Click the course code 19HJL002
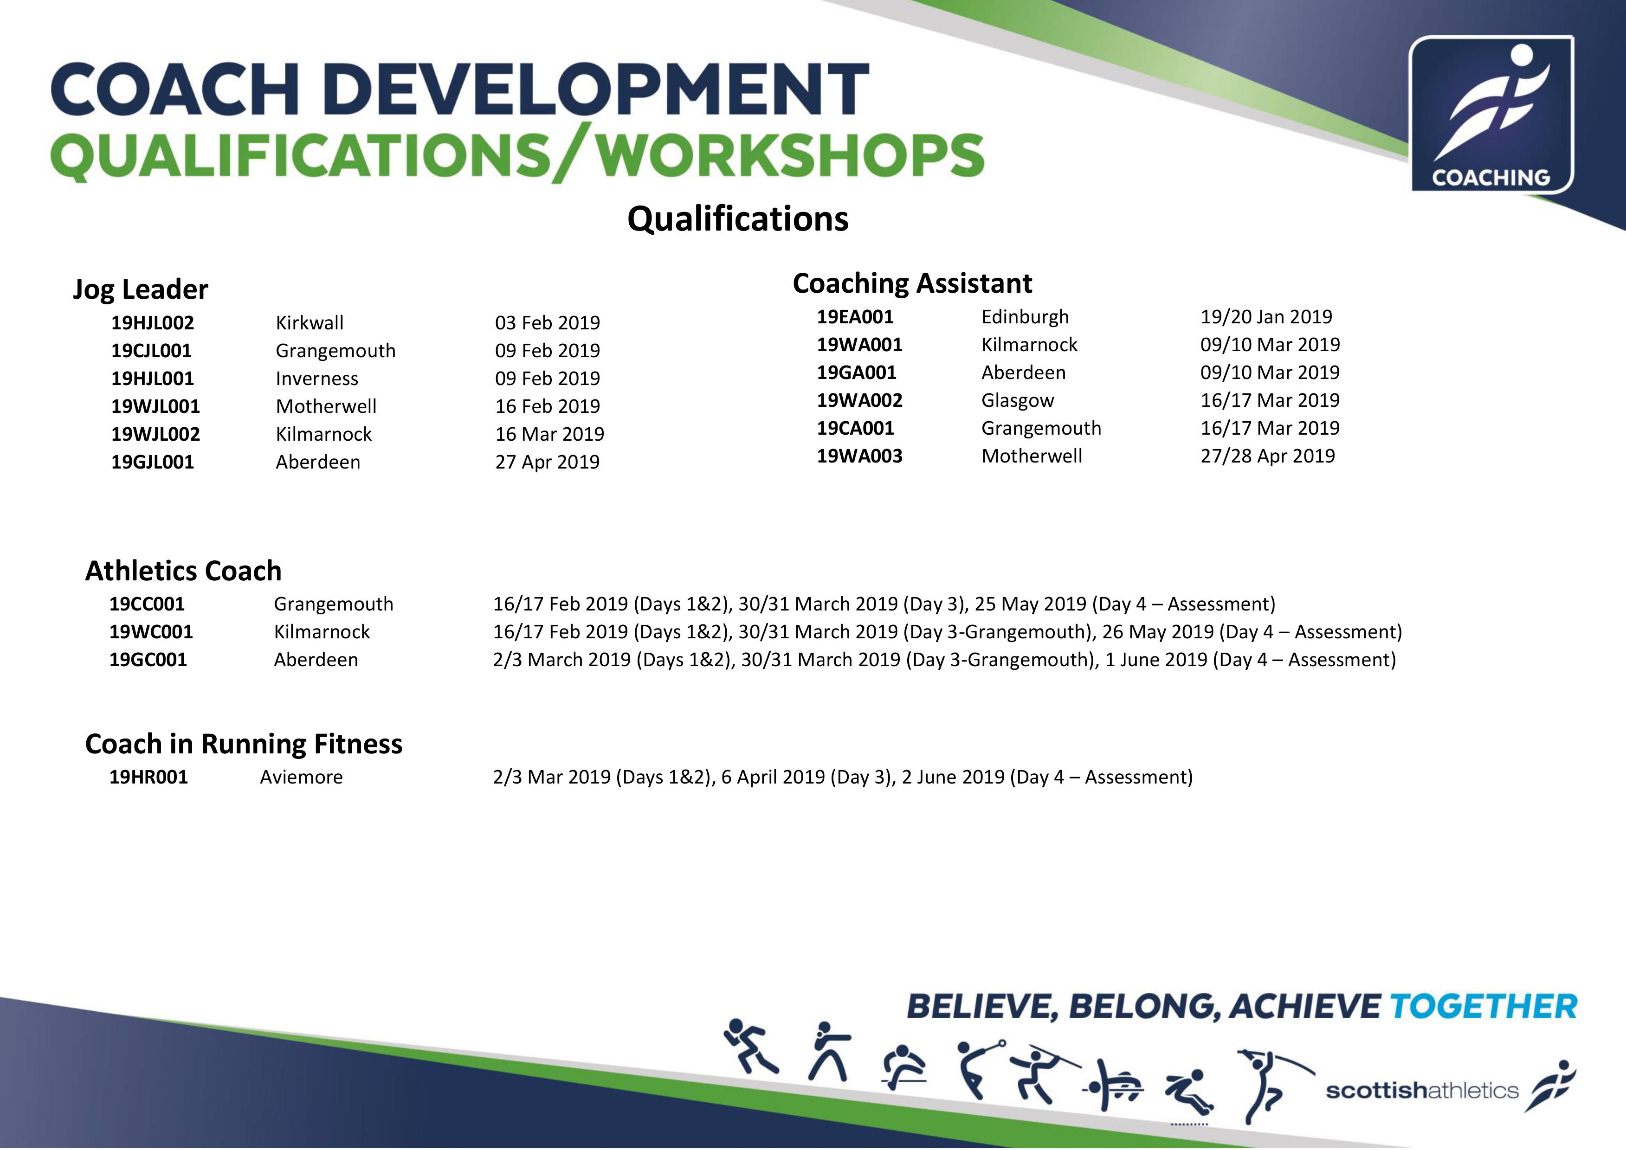pos(152,323)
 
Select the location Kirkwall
pos(310,323)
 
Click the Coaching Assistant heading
pos(912,283)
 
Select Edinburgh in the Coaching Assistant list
pos(1025,317)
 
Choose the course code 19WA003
pos(860,456)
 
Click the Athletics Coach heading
pos(183,571)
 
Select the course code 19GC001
pos(148,660)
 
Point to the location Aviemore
pos(301,777)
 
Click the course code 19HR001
pos(148,777)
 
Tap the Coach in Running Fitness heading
pos(244,744)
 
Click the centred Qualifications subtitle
pos(738,219)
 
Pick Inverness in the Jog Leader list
pos(316,379)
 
